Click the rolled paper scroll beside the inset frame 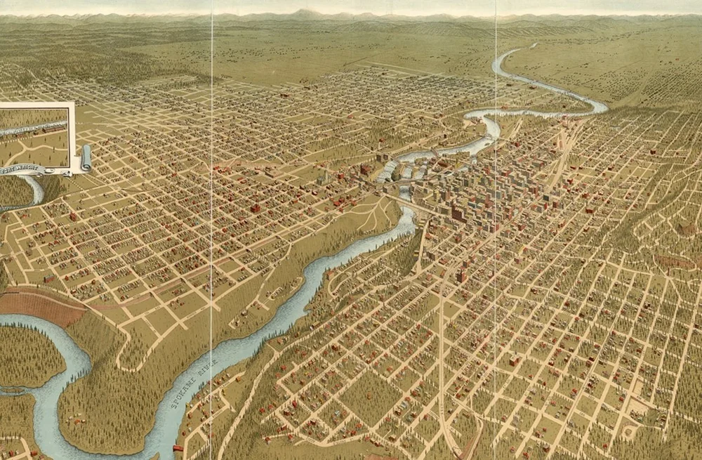click(85, 159)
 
